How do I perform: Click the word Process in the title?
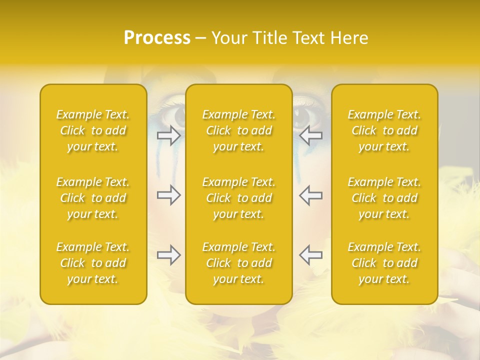point(157,38)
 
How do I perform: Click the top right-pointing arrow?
point(168,135)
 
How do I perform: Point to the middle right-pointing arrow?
point(168,195)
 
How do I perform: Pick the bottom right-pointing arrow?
point(168,255)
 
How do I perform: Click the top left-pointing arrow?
point(310,135)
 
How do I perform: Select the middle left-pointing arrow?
point(310,195)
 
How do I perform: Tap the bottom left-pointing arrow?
point(310,255)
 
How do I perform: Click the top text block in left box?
point(93,130)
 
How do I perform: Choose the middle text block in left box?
point(93,198)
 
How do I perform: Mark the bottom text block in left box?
point(93,263)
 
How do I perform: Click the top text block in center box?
point(239,130)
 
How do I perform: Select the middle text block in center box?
point(239,198)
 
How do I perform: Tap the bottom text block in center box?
point(239,263)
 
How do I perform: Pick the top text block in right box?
point(384,130)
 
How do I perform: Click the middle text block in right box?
point(384,198)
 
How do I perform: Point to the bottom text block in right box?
point(384,263)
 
